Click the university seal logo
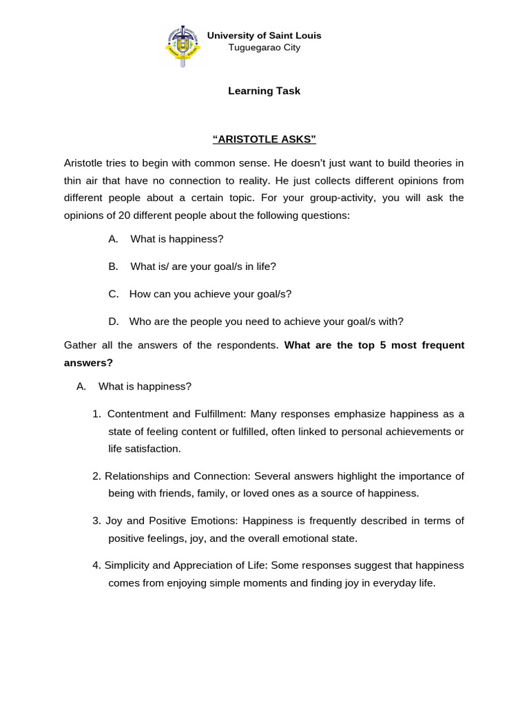coord(183,45)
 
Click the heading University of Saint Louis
coord(264,35)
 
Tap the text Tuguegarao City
coord(264,48)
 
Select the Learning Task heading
coord(264,91)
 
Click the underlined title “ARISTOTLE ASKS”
coord(264,140)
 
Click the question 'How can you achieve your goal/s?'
coord(210,294)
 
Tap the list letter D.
coord(113,322)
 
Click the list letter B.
coord(113,266)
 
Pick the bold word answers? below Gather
coord(88,363)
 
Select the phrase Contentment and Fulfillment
coord(176,414)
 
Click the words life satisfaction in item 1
coord(144,449)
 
